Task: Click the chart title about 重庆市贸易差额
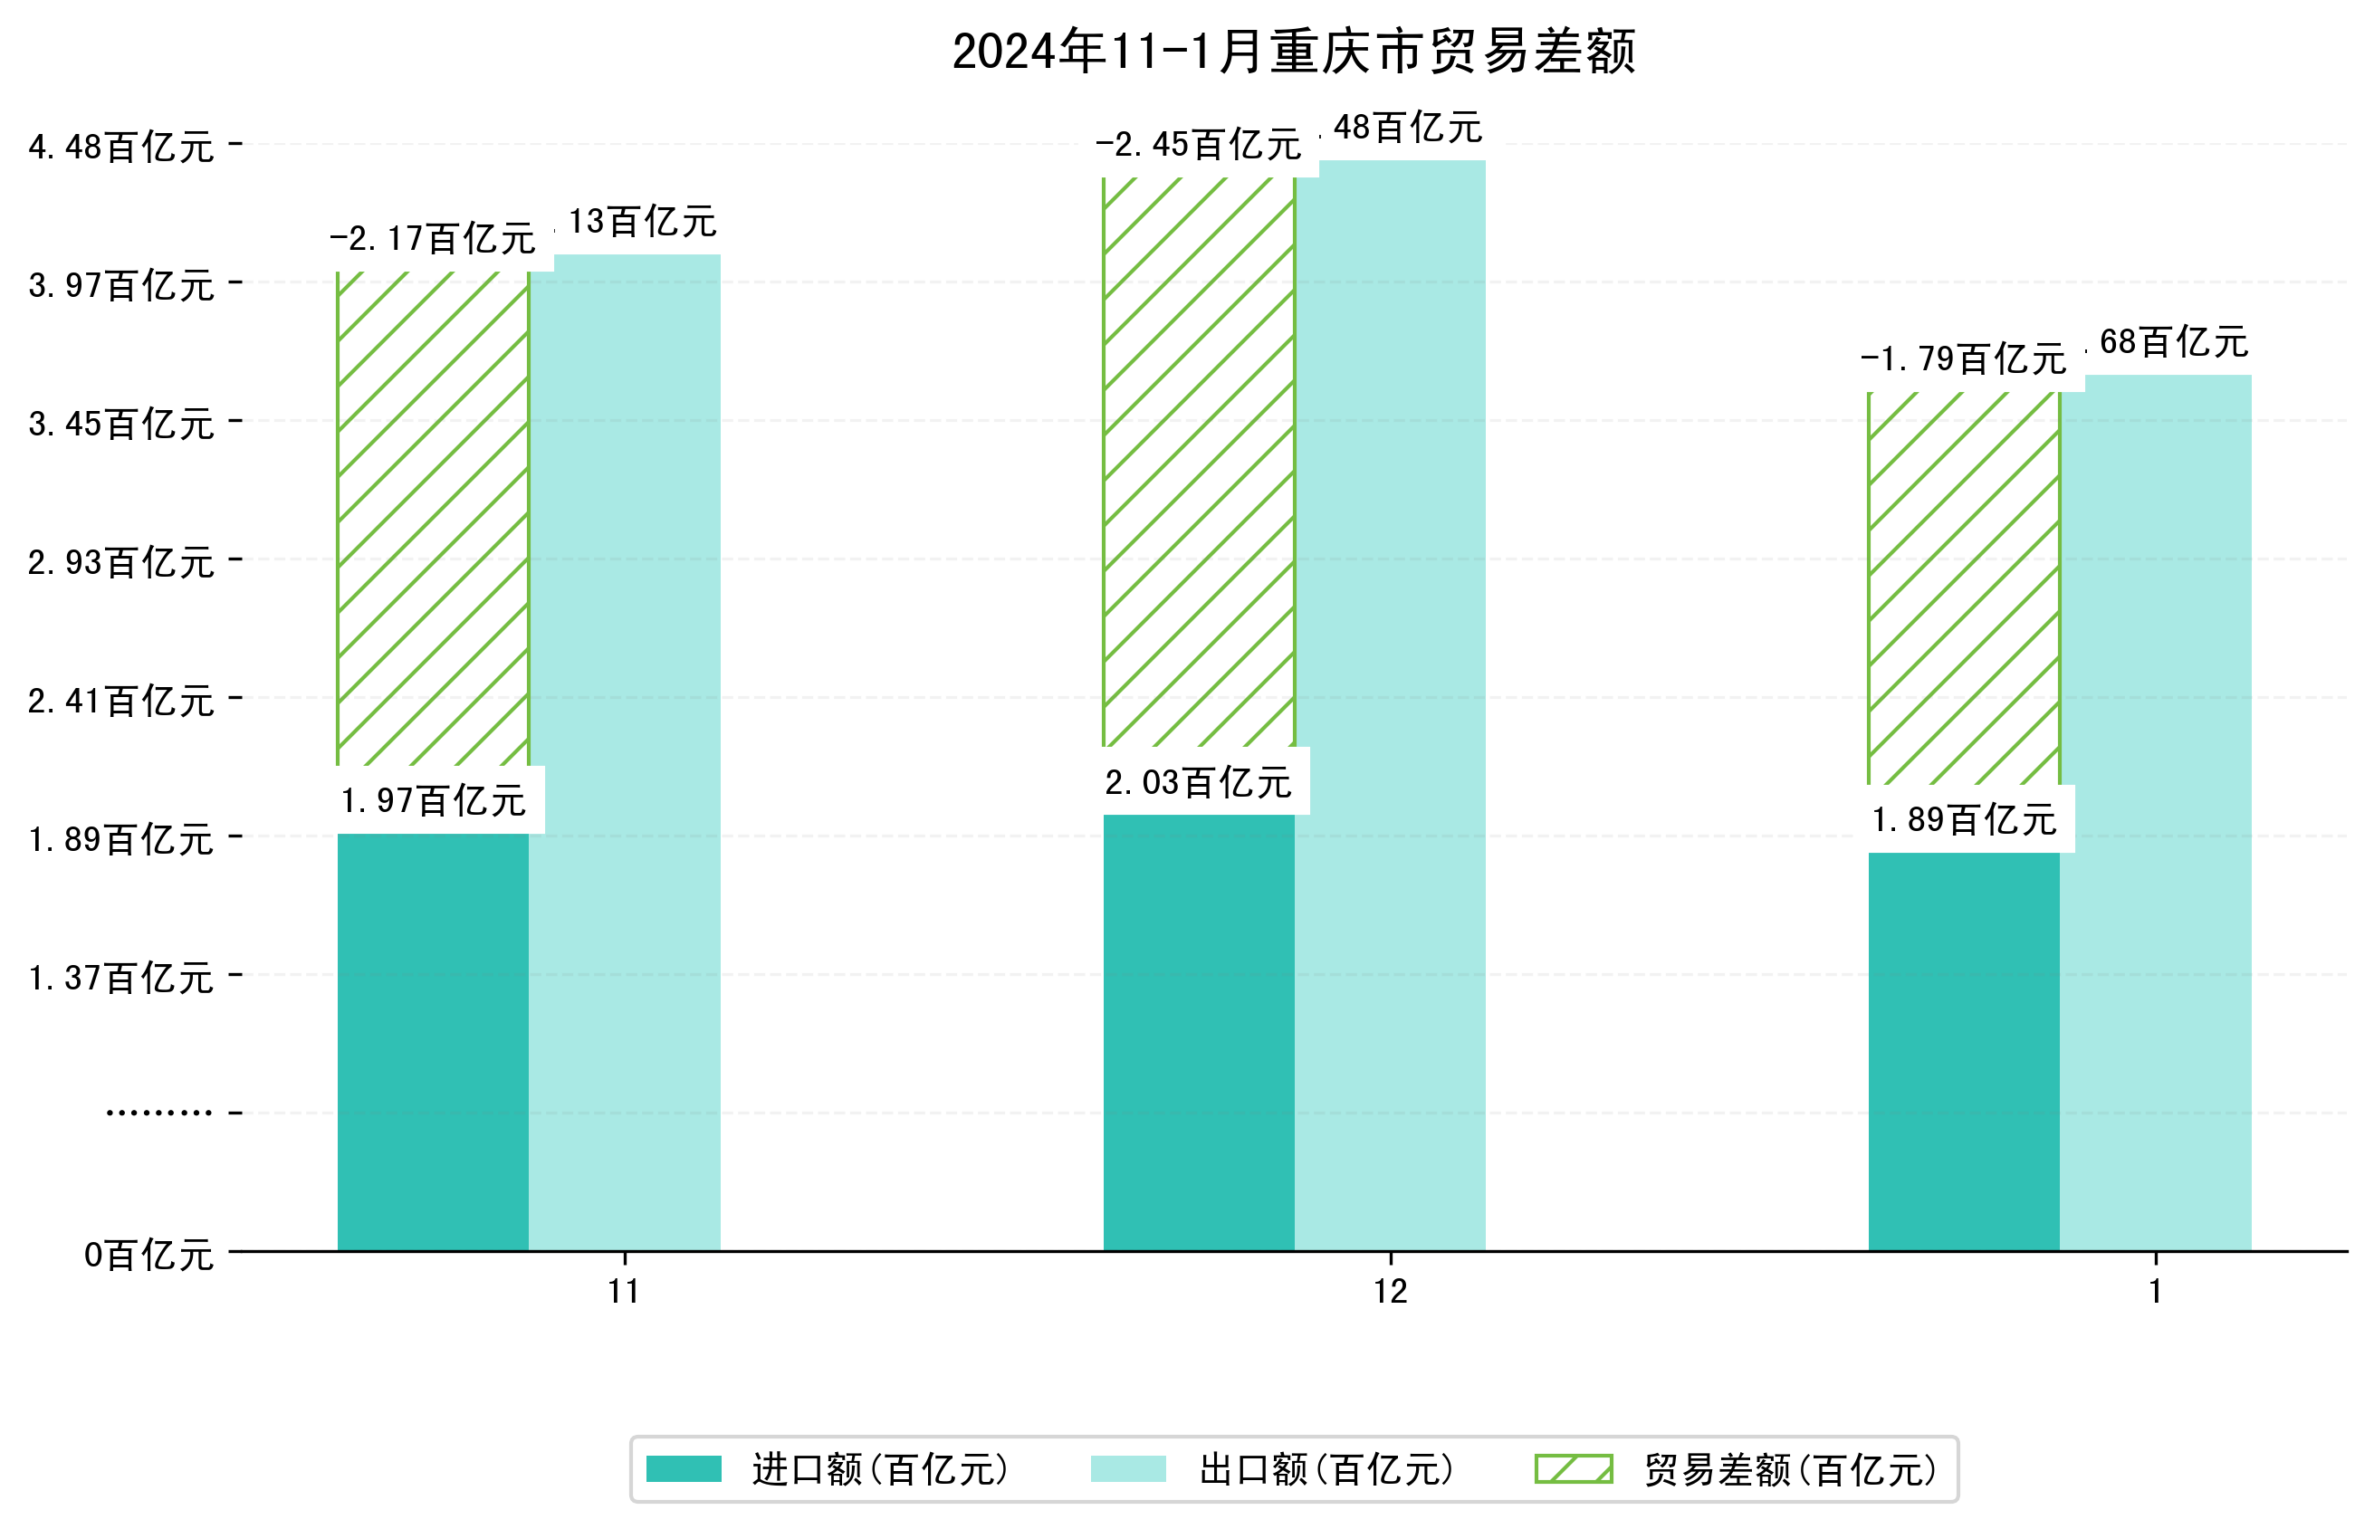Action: click(x=1293, y=52)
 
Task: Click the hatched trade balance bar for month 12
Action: click(x=1199, y=462)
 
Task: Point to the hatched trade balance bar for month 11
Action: click(x=433, y=517)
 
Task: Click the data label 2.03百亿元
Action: click(x=1199, y=782)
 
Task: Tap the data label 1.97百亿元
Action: click(x=433, y=800)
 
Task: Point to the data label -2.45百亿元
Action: click(x=1199, y=145)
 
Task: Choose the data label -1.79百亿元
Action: click(x=1963, y=358)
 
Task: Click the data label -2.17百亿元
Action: click(x=433, y=238)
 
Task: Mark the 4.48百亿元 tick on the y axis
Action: click(x=121, y=147)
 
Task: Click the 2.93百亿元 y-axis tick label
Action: click(x=121, y=562)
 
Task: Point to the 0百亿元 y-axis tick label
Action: click(x=148, y=1255)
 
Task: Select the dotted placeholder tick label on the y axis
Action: click(x=158, y=1113)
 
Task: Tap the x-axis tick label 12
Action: click(x=1390, y=1291)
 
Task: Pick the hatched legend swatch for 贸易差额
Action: click(x=1574, y=1469)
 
